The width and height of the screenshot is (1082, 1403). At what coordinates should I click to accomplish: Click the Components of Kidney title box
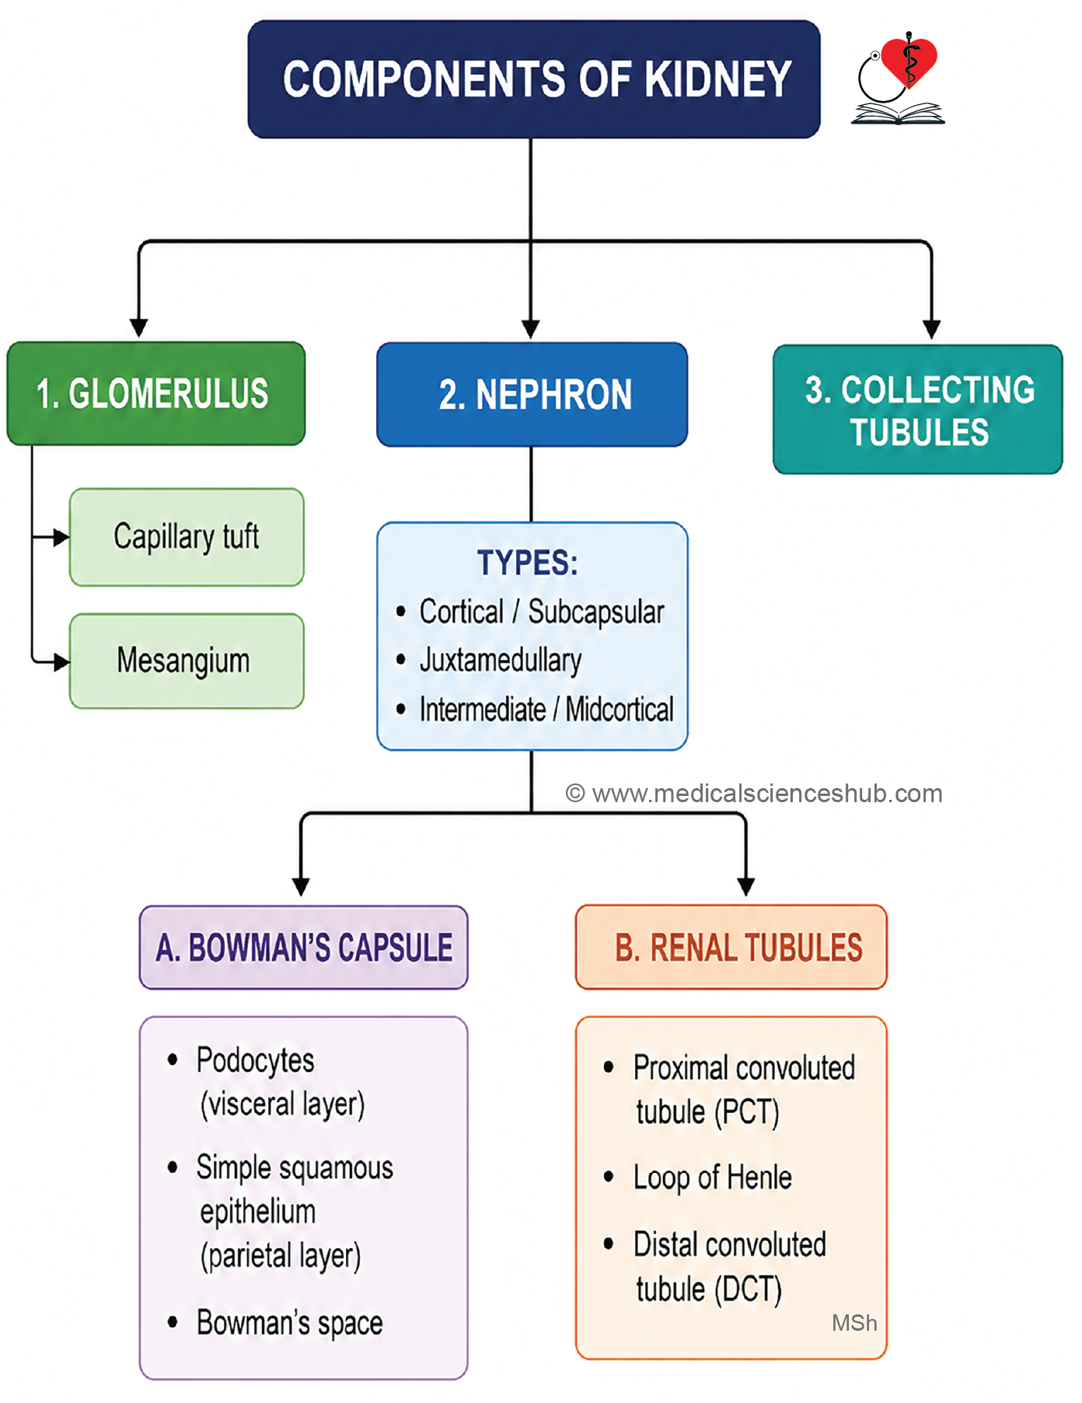point(534,79)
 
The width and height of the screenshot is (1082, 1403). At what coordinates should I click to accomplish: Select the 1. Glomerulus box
point(155,393)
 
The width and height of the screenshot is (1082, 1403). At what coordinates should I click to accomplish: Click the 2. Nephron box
point(532,394)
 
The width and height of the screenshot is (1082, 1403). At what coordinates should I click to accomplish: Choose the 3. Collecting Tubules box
point(918,410)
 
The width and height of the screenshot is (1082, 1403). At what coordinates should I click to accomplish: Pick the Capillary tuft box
point(187,537)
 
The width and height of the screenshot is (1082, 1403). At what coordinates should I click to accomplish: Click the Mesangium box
point(187,661)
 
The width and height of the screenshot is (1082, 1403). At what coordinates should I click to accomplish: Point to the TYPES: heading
point(528,563)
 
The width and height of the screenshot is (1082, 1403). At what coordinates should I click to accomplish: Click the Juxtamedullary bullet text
point(500,661)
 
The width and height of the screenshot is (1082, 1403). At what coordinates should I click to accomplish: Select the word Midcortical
point(620,710)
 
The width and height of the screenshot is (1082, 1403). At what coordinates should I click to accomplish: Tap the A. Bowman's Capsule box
point(304,948)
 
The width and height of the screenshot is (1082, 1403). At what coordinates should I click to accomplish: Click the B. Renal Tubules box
point(731,948)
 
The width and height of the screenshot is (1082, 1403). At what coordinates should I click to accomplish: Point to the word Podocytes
point(255,1061)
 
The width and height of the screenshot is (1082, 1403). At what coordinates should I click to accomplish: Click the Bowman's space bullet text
point(289,1323)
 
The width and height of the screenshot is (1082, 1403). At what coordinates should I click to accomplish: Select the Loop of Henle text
point(713,1178)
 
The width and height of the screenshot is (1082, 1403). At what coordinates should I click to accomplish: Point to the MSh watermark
point(854,1323)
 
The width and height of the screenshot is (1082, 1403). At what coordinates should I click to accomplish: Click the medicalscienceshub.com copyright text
point(754,794)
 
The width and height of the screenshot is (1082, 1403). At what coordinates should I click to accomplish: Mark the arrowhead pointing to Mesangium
point(61,662)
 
